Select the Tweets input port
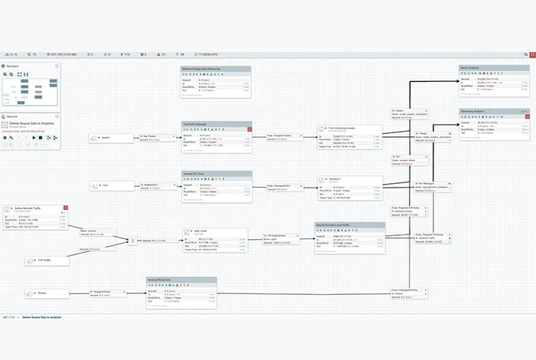pyautogui.click(x=104, y=138)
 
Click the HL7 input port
pyautogui.click(x=104, y=185)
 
